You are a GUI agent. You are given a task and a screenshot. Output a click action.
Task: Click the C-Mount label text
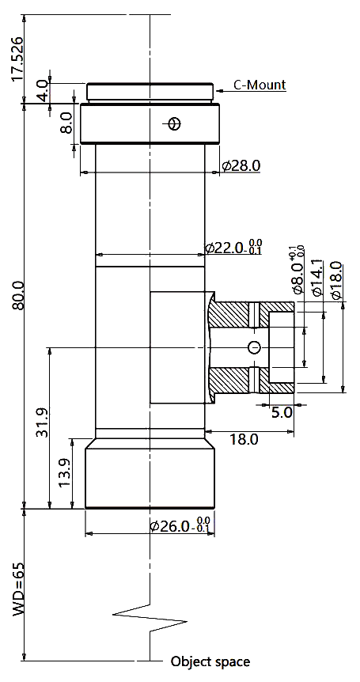(260, 85)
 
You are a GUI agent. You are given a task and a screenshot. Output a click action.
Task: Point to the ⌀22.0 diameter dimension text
(233, 247)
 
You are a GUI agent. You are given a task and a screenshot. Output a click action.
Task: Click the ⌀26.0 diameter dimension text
(180, 525)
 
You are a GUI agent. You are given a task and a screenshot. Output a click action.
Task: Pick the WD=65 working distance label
(18, 589)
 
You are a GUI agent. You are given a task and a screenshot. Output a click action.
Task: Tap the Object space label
(210, 661)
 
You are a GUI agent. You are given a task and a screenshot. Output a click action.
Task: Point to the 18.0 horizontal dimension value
(244, 439)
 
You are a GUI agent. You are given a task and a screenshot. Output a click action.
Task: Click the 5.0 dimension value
(282, 412)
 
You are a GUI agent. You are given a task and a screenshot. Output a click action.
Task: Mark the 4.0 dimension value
(43, 91)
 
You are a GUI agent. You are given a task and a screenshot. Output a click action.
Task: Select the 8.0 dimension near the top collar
(66, 123)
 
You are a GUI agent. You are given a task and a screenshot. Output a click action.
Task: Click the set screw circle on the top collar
(174, 124)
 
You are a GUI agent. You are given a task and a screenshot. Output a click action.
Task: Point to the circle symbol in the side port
(254, 347)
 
